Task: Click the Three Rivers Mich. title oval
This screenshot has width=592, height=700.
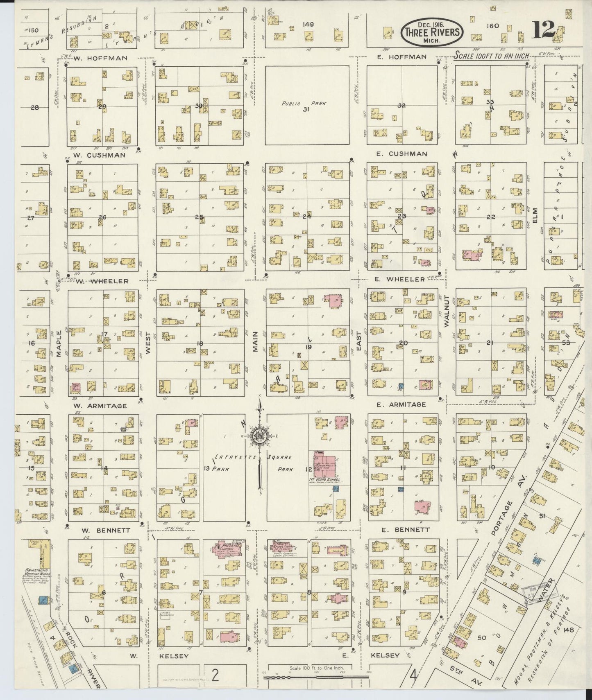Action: coord(432,32)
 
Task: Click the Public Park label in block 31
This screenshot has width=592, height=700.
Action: coord(304,104)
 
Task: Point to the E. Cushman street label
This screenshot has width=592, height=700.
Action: coord(402,154)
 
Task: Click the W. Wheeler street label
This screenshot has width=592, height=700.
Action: coord(102,281)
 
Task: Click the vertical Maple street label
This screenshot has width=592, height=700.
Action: coord(59,344)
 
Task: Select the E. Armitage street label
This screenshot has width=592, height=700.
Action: coord(401,404)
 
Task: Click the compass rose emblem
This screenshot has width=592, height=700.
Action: coord(259,436)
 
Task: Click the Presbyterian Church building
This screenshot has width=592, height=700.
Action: coord(227,549)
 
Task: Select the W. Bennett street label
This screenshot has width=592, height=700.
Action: coord(102,531)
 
